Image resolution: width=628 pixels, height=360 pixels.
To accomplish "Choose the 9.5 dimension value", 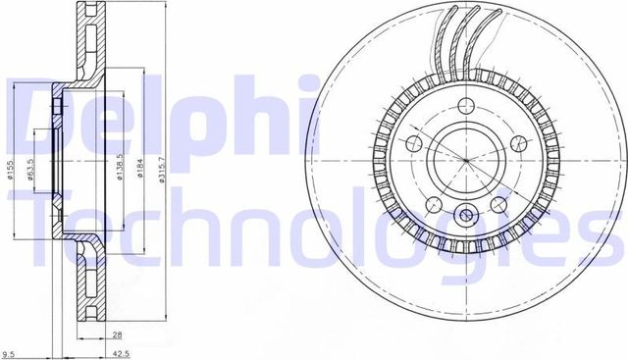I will pos(9,353).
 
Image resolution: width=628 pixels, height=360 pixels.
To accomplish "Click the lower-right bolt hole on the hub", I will pos(497,205).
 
